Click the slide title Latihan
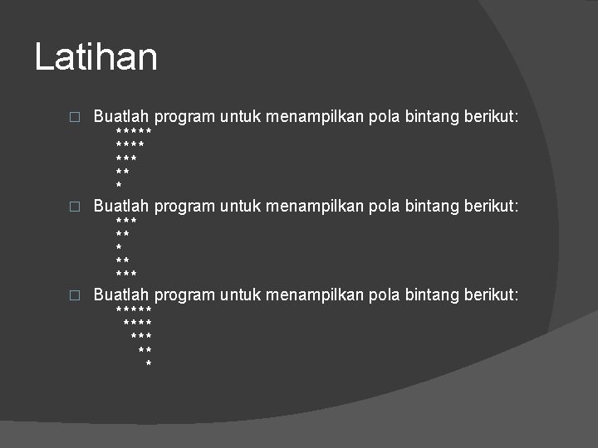tap(96, 57)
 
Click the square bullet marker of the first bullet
tap(74, 117)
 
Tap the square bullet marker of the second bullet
tap(74, 206)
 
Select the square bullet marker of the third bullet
tap(74, 295)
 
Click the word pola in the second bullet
tap(384, 205)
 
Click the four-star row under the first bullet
tap(130, 146)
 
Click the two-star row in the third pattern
tap(145, 351)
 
